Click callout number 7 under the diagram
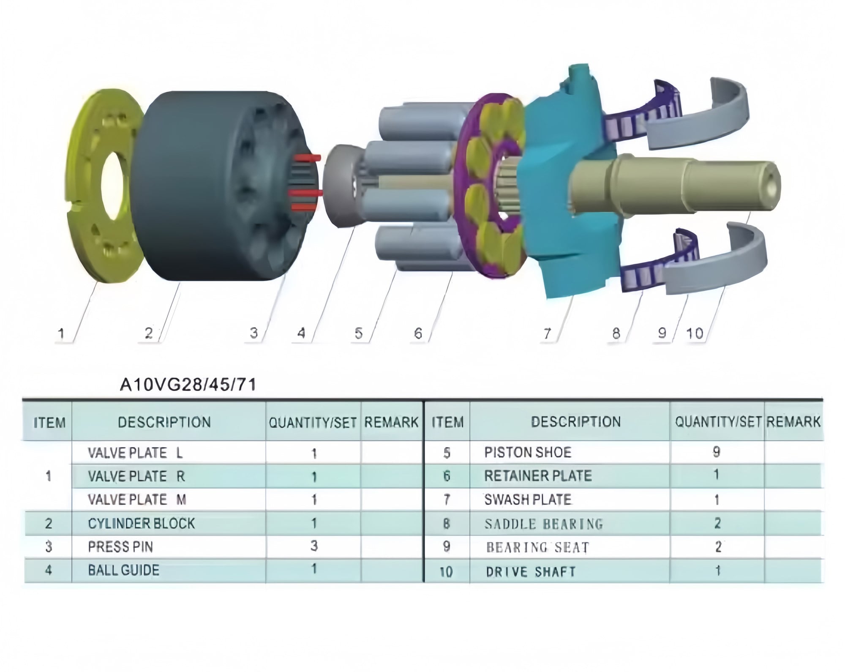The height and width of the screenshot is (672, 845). point(547,334)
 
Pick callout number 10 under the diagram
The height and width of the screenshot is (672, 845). point(695,334)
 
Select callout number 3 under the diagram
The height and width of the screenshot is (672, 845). point(253,333)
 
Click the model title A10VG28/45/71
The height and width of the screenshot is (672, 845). point(188,385)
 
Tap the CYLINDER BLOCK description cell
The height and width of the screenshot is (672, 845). point(142,523)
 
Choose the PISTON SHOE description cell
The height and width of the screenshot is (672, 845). point(528,452)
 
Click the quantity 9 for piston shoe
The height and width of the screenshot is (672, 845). point(717,452)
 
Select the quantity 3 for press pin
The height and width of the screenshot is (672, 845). point(313,546)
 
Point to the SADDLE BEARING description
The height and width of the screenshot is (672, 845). point(544,524)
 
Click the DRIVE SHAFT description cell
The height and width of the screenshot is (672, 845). point(531,572)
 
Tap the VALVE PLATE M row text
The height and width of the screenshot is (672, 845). point(137,500)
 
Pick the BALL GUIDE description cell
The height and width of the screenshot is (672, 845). point(124,570)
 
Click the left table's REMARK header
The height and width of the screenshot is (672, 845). point(391,422)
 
